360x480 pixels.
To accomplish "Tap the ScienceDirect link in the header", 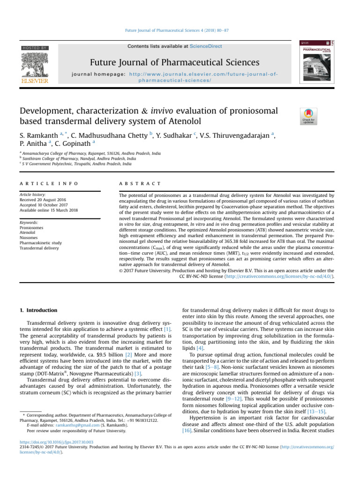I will pos(203,46).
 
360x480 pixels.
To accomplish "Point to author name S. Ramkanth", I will pos(39,136).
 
